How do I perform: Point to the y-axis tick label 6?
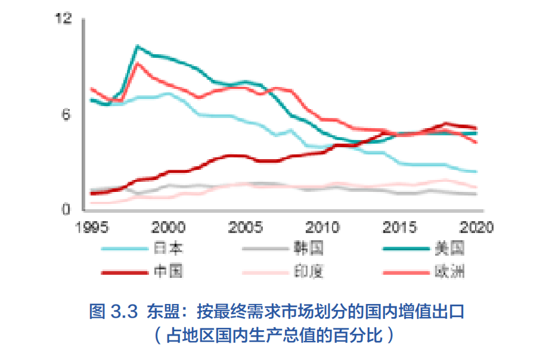(x=67, y=114)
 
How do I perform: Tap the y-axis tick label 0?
(x=67, y=210)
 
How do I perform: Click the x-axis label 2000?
(x=168, y=228)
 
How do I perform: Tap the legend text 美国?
(x=450, y=248)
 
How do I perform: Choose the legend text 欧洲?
(x=450, y=272)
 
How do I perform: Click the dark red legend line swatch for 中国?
(x=125, y=272)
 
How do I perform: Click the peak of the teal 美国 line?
(x=137, y=46)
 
